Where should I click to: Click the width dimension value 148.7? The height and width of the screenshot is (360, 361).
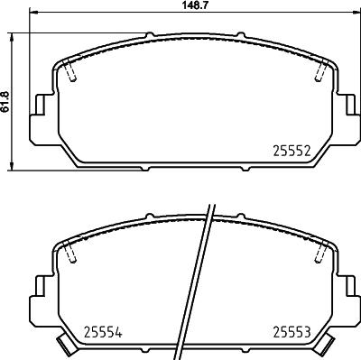pos(196,5)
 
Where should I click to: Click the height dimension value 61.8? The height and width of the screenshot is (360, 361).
pos(5,102)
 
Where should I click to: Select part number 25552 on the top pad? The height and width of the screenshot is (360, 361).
pos(292,151)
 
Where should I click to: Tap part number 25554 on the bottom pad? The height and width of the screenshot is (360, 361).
pos(103,332)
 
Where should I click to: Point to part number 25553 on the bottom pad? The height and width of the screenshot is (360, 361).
pos(292,332)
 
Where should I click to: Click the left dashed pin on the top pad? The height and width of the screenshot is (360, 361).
pos(70,69)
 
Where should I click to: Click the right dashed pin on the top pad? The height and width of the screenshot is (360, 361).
pos(321,69)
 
